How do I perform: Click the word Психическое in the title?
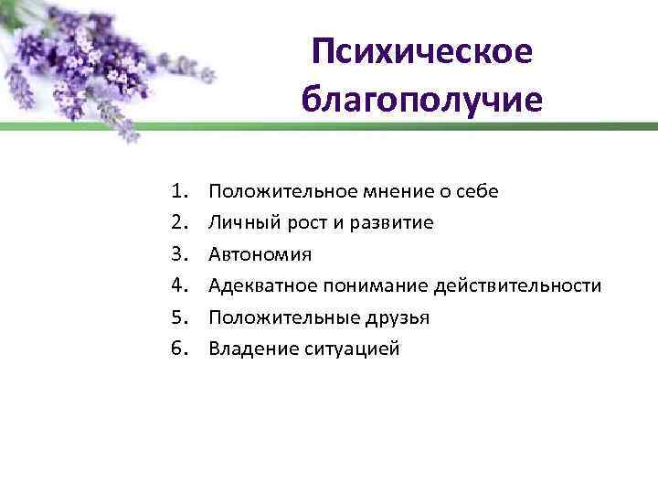[x=420, y=52]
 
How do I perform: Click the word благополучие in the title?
[x=420, y=98]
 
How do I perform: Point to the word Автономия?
[x=260, y=254]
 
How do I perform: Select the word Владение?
[x=249, y=349]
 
